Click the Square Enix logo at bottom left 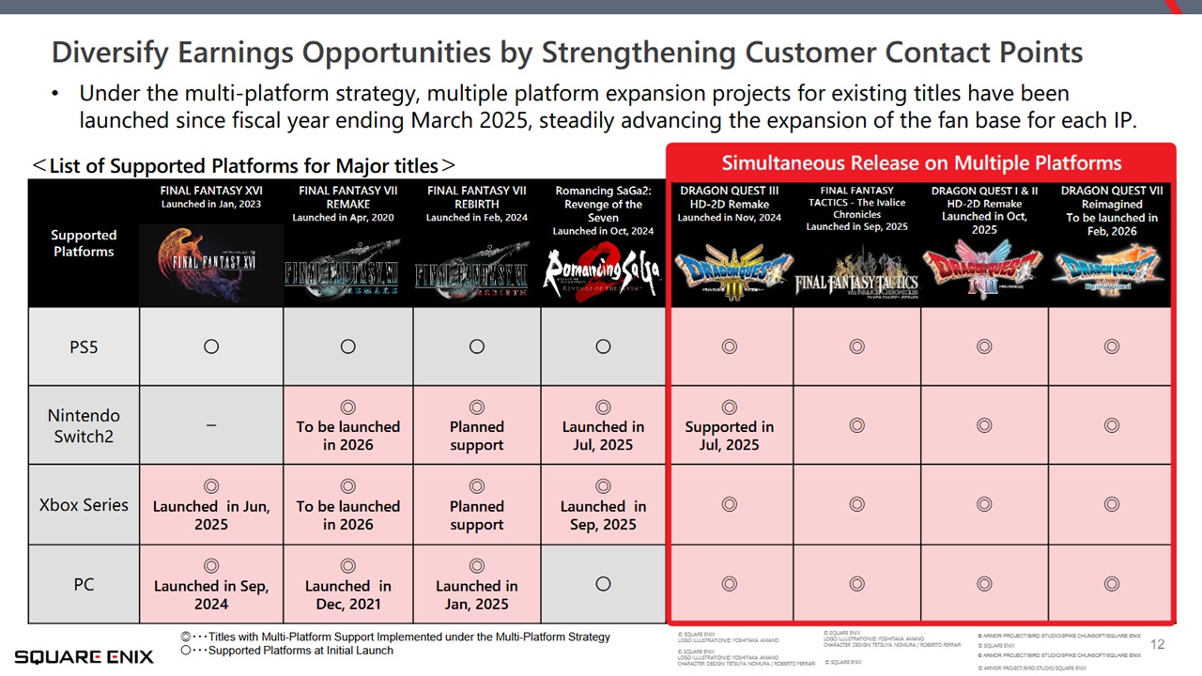84,656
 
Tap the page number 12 1157,644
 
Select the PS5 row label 84,346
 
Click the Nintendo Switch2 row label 84,425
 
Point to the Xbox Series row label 84,504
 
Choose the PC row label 84,584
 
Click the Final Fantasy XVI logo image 211,266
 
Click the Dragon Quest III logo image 730,267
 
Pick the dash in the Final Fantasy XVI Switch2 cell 211,425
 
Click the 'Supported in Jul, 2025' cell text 730,436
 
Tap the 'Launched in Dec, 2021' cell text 348,595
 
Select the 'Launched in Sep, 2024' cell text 211,595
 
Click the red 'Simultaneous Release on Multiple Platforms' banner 921,162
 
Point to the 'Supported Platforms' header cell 84,243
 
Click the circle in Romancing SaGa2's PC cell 603,584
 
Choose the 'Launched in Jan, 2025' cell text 477,595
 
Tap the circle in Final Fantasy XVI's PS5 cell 211,346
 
